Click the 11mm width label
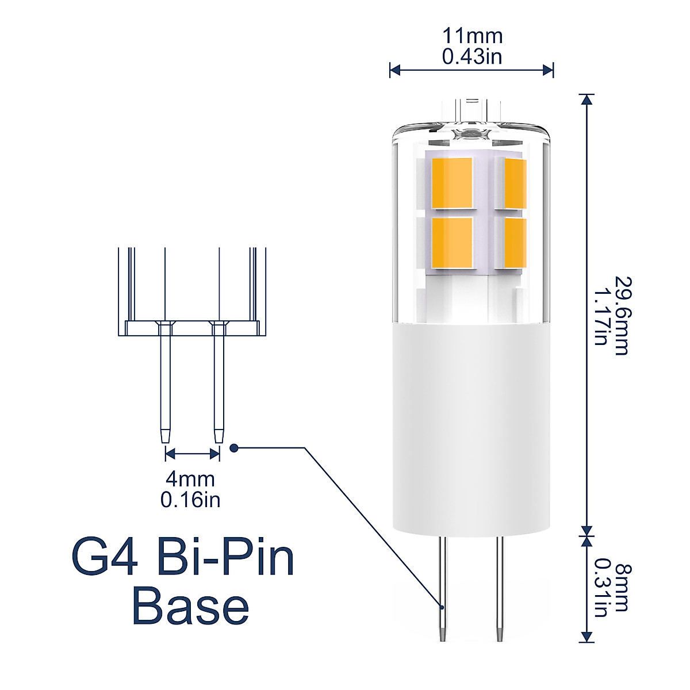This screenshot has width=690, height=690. (x=472, y=36)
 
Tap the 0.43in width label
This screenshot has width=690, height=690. (x=472, y=56)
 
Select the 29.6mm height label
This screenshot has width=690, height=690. (x=621, y=316)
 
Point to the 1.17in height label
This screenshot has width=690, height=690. (x=601, y=316)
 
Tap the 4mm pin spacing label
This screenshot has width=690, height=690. (x=190, y=478)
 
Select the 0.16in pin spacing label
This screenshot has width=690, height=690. (x=190, y=500)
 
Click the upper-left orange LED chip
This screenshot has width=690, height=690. (x=452, y=183)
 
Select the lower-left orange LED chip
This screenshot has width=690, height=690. (x=452, y=241)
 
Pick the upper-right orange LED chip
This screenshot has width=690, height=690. (x=515, y=183)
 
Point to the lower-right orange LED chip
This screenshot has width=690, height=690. (x=515, y=241)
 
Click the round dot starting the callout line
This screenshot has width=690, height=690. (x=233, y=448)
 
